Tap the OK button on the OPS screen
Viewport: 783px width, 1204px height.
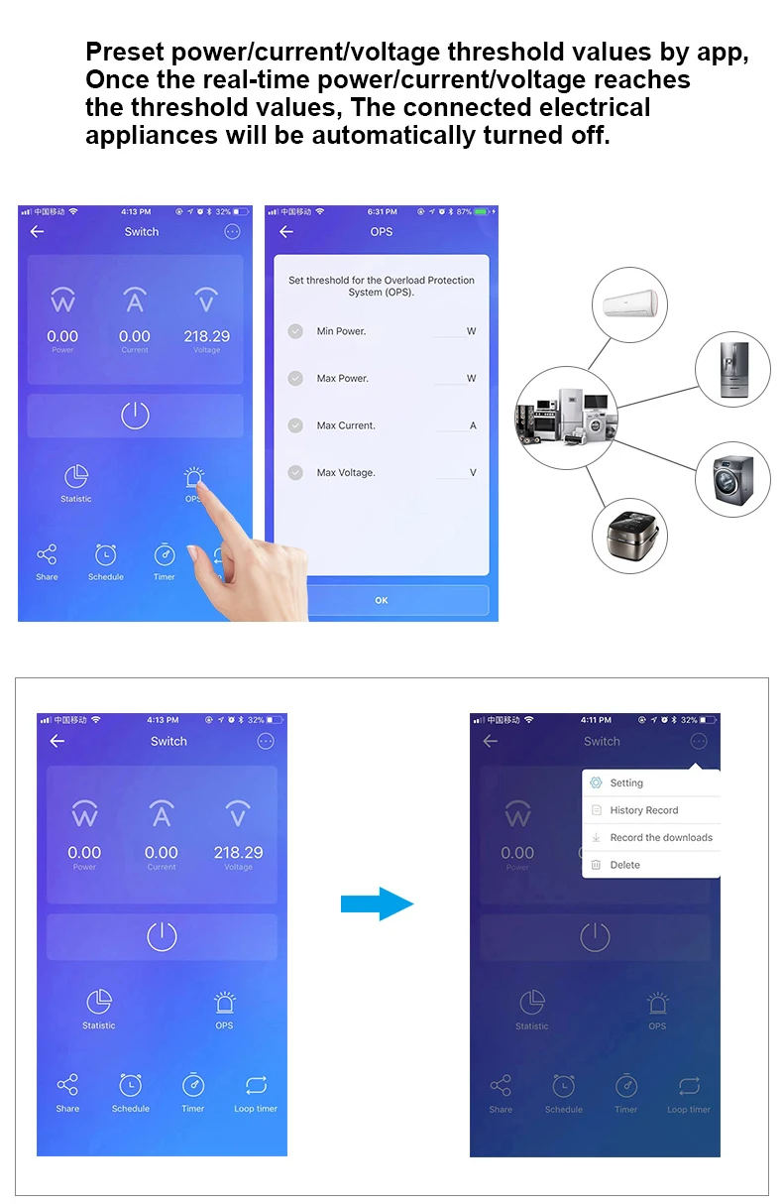coord(382,600)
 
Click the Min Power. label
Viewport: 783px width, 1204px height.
coord(341,331)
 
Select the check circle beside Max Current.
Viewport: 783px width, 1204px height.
coord(295,425)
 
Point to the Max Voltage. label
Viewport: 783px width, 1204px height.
coord(346,473)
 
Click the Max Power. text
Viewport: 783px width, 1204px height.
coord(342,379)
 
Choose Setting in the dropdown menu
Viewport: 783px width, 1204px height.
coord(626,783)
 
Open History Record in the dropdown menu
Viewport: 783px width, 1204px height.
coord(644,810)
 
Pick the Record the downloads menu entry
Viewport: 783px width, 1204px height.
coord(661,838)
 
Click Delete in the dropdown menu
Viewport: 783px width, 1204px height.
coord(625,865)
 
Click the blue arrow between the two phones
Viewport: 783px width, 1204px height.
coord(377,903)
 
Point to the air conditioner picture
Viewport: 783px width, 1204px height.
coord(629,305)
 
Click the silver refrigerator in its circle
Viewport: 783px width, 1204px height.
coord(732,370)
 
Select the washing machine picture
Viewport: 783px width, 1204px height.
coord(732,478)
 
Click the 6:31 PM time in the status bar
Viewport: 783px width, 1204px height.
coord(382,212)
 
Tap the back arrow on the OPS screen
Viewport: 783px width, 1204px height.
coord(286,232)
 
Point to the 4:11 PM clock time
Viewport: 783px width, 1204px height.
coord(596,720)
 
